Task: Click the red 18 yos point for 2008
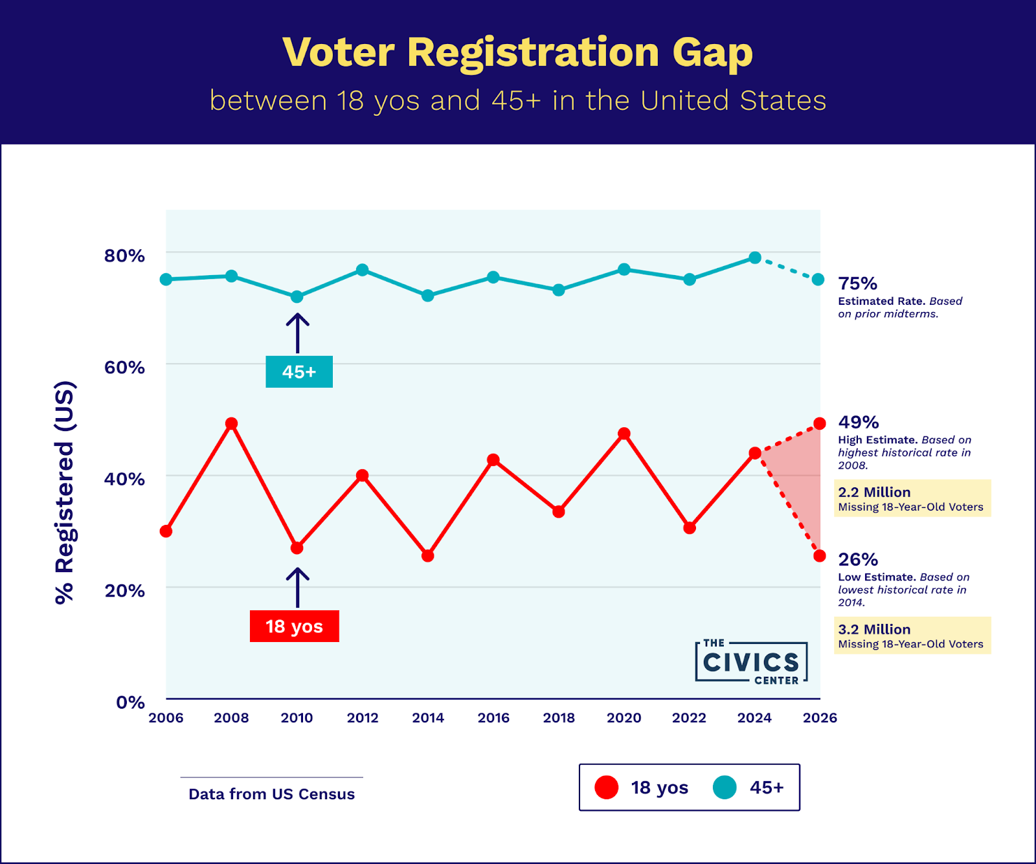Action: [x=231, y=424]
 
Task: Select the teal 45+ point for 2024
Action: [x=754, y=258]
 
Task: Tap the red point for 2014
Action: [x=427, y=555]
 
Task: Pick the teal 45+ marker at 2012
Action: [x=363, y=270]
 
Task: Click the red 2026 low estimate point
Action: [x=820, y=555]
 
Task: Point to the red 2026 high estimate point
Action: [x=820, y=424]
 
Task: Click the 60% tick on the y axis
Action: [x=124, y=368]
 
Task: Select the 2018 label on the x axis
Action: [x=559, y=718]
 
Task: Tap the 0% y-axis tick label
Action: [x=130, y=702]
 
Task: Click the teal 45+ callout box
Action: [x=299, y=372]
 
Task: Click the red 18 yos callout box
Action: [x=294, y=626]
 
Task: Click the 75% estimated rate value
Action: [x=857, y=283]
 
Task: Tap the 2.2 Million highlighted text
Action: [x=873, y=493]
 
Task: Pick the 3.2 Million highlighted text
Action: [x=873, y=630]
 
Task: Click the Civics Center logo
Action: [x=751, y=662]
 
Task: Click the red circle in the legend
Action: [x=607, y=788]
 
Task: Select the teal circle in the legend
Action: [x=725, y=788]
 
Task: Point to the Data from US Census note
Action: [x=271, y=794]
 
